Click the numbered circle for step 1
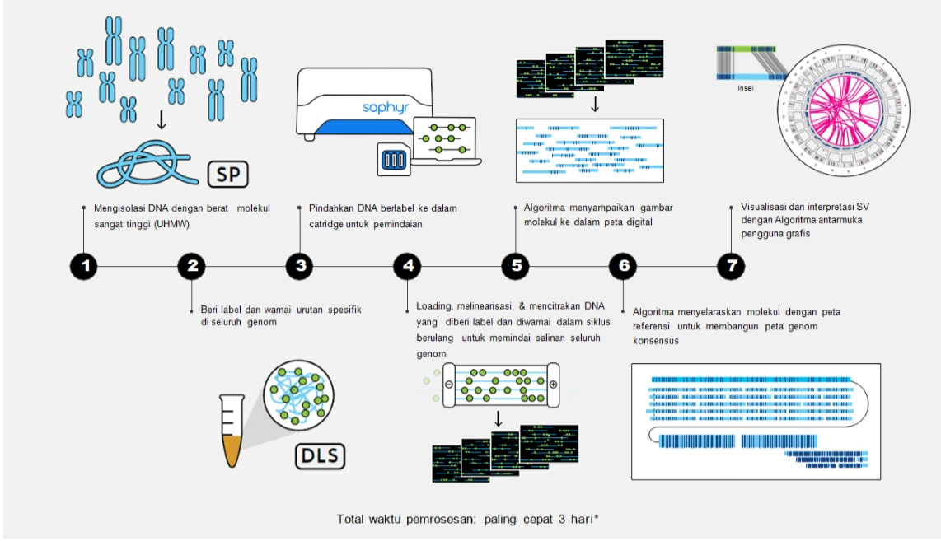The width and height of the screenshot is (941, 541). pos(84,266)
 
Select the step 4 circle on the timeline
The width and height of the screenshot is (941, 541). pos(408,266)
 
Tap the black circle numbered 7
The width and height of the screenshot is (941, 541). pos(731,266)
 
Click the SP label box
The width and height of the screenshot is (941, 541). pos(228,175)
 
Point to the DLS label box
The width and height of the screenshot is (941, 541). pos(320,456)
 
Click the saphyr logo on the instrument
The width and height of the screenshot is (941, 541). pos(386,107)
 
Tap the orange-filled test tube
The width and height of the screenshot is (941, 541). pos(232,430)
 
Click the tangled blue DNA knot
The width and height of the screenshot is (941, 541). pos(147,164)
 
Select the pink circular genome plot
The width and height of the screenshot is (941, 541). pos(844,111)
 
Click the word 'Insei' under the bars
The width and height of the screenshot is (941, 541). pos(746,88)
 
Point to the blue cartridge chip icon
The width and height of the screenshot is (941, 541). pos(394,160)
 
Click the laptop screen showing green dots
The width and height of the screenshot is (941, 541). pos(445,138)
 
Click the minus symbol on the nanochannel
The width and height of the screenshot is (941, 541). pos(449,385)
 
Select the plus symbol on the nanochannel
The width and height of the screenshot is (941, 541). pos(553,385)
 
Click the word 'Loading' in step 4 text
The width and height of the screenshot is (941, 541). pos(434,306)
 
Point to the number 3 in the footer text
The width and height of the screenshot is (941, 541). pos(562,520)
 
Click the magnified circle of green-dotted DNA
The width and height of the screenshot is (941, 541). pos(298,395)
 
